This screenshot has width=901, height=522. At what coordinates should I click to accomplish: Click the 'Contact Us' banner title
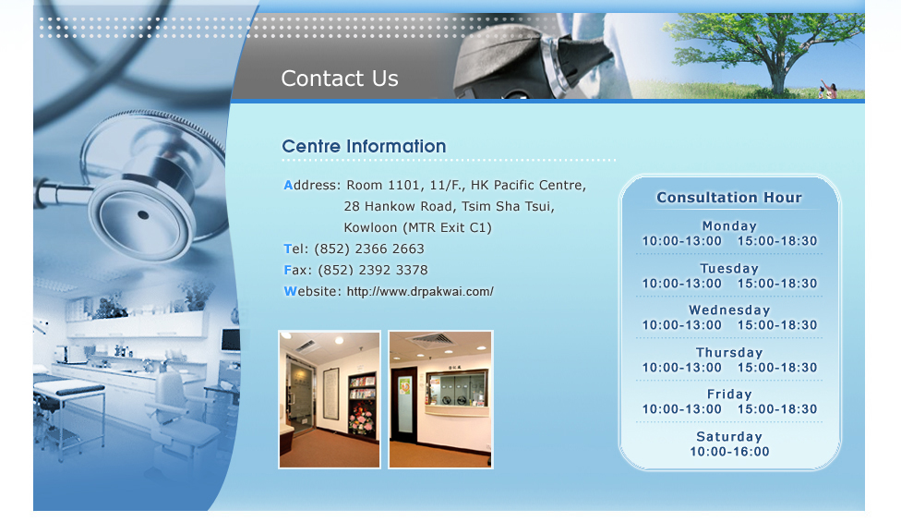click(339, 79)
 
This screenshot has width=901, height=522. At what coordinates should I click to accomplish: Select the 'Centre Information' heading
click(364, 146)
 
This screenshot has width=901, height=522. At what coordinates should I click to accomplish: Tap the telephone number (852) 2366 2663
click(369, 249)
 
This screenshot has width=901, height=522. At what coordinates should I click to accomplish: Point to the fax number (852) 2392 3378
click(373, 270)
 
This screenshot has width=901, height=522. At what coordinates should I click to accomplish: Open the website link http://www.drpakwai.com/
click(420, 291)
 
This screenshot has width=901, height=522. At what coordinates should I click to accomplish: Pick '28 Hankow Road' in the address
click(390, 206)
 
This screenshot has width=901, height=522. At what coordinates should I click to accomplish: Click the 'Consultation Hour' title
click(728, 197)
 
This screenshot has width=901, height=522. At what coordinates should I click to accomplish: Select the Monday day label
click(729, 226)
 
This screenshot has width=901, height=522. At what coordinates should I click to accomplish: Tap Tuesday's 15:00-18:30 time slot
click(777, 284)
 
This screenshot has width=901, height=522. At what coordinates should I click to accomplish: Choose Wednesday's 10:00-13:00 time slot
click(681, 325)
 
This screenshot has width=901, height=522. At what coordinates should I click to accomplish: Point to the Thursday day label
click(729, 352)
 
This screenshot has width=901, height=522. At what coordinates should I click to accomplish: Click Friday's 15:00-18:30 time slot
click(777, 408)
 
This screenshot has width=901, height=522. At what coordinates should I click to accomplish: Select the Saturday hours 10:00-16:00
click(729, 451)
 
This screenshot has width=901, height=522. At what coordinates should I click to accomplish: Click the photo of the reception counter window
click(440, 399)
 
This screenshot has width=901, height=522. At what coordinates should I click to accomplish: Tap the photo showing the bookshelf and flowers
click(330, 399)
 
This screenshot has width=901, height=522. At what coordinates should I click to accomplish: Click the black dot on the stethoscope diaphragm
click(143, 215)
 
